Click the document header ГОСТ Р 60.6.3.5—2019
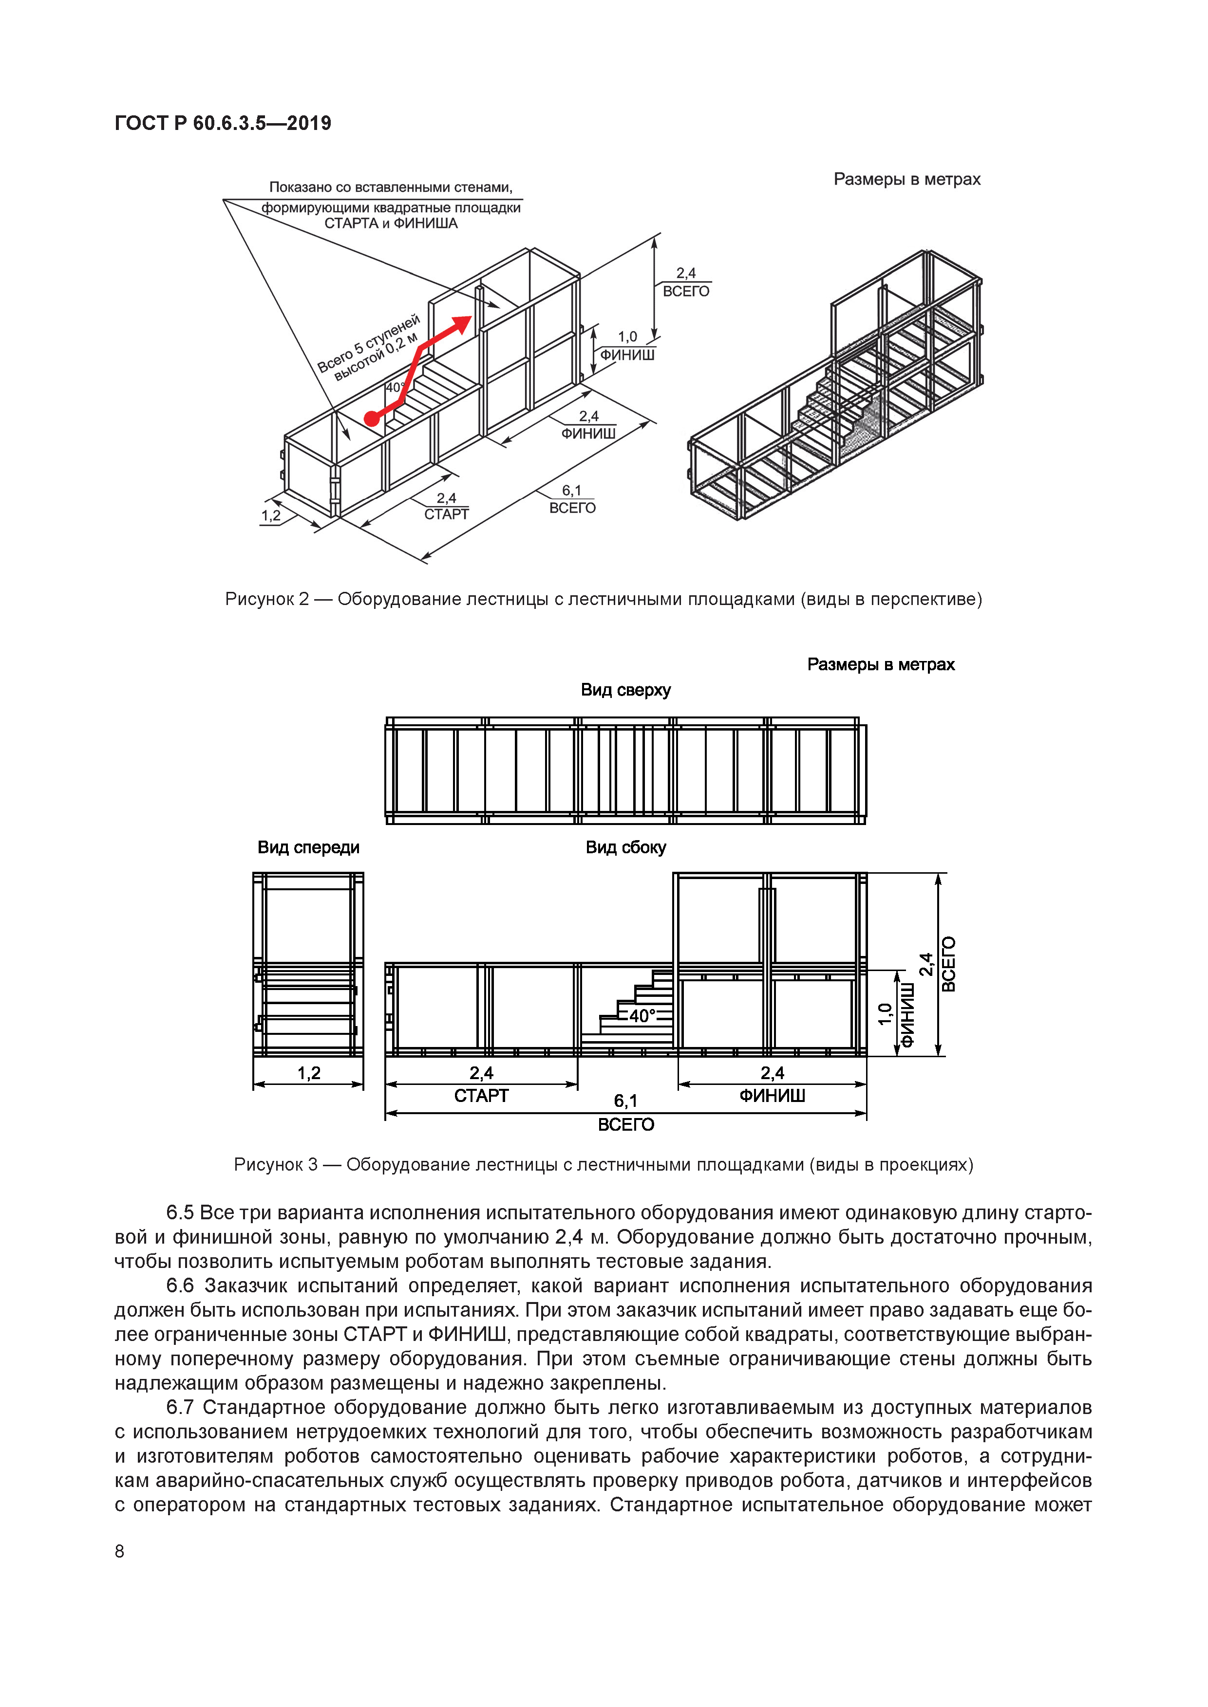pyautogui.click(x=223, y=124)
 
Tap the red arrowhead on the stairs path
pyautogui.click(x=463, y=324)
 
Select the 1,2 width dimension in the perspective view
pyautogui.click(x=271, y=515)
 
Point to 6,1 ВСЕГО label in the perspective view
pyautogui.click(x=572, y=499)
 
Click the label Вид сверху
pyautogui.click(x=625, y=690)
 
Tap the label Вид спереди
pyautogui.click(x=308, y=847)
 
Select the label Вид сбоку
pyautogui.click(x=625, y=847)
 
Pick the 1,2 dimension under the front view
pyautogui.click(x=309, y=1073)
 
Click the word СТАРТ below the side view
pyautogui.click(x=481, y=1096)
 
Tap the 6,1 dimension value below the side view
pyautogui.click(x=625, y=1101)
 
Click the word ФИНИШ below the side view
pyautogui.click(x=772, y=1096)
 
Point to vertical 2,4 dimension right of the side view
pyautogui.click(x=926, y=964)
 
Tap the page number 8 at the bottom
pyautogui.click(x=120, y=1551)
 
